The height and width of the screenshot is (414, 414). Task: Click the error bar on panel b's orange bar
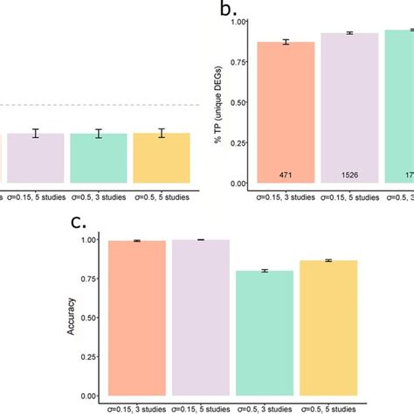pos(286,42)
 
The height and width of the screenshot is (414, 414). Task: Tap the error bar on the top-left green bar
pos(99,134)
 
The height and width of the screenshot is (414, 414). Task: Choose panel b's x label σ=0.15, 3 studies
pos(286,197)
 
